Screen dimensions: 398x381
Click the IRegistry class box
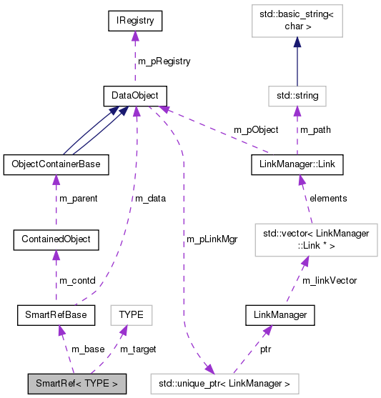tap(134, 21)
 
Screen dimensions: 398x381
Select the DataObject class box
tap(134, 94)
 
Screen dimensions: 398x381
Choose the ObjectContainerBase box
tap(56, 164)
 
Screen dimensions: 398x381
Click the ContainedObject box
tap(56, 239)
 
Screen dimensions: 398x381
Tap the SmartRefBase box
tap(56, 314)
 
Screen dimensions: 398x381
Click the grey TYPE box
tap(131, 314)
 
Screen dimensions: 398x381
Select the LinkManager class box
tap(279, 314)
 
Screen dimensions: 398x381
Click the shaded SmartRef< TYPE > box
tap(76, 383)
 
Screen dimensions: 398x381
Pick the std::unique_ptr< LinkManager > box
tap(224, 383)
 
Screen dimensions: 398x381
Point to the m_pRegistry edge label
tap(164, 61)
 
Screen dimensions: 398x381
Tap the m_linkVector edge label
tap(330, 280)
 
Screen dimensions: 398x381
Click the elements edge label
tap(327, 198)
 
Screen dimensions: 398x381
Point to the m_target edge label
tap(137, 349)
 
